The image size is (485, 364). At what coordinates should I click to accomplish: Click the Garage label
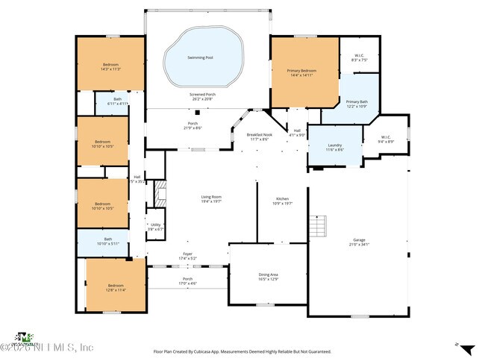pos(360,241)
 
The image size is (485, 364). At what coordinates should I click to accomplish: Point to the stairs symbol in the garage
pos(319,225)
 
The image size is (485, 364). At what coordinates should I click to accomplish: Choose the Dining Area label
pos(268,277)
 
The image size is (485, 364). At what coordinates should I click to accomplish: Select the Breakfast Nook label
pos(260,136)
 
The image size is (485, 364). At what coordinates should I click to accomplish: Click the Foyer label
pos(187,256)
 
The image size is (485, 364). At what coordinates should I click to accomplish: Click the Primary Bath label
pos(357,103)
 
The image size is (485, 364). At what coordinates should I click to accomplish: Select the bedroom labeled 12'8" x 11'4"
pos(115,287)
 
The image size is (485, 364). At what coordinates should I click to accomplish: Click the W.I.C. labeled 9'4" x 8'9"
pos(386,139)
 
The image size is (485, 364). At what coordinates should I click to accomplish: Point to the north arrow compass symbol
pos(466,348)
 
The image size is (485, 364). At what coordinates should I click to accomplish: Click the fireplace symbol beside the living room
pos(157,195)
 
